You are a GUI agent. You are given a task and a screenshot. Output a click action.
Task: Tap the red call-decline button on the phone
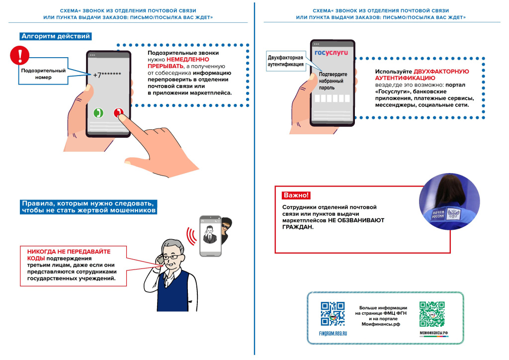click(119, 113)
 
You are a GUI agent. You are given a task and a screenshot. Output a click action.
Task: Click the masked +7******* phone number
click(107, 75)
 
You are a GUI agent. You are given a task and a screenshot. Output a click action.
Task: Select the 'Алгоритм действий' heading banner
click(56, 36)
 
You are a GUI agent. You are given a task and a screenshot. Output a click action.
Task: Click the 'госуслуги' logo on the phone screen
click(331, 52)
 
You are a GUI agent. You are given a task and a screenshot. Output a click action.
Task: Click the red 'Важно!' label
click(296, 195)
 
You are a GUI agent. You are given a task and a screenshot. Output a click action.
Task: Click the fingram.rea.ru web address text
click(333, 333)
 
